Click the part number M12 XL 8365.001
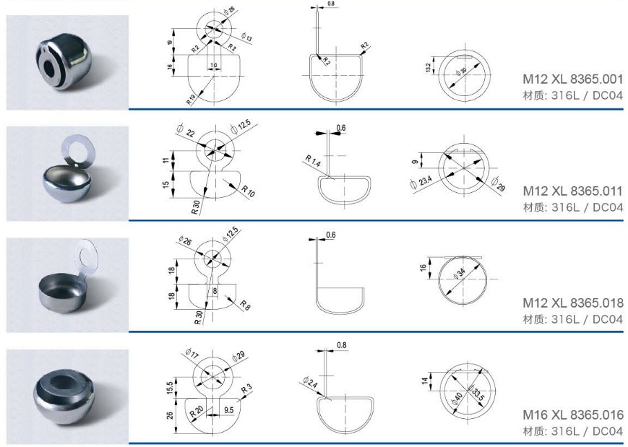573,79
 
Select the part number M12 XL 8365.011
573,191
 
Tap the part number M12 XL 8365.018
573,303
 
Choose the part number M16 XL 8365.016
573,415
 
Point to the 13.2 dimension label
429,69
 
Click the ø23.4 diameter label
421,183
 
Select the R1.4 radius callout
313,161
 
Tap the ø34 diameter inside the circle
460,274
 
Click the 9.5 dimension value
229,409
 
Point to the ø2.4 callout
310,382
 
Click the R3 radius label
246,389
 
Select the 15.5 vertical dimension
170,389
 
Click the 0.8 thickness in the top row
331,4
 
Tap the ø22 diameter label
186,131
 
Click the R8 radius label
245,305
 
